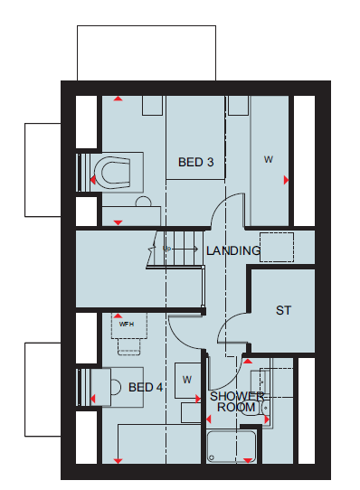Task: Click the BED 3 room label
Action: [195, 162]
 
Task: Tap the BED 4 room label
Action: [146, 388]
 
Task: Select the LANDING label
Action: [233, 250]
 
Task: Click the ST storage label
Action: [283, 310]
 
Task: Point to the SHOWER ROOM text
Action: [237, 402]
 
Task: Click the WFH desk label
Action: [127, 325]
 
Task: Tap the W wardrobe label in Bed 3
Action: [269, 159]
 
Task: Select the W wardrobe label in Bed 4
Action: [187, 380]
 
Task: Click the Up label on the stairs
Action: [166, 249]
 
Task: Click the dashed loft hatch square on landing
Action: [277, 247]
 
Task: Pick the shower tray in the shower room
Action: [232, 447]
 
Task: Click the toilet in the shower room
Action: [255, 408]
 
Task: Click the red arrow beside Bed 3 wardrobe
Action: [286, 180]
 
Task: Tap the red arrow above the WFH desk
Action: [118, 316]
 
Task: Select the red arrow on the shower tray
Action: [248, 461]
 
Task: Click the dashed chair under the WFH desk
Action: [128, 347]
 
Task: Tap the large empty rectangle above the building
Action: [147, 53]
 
